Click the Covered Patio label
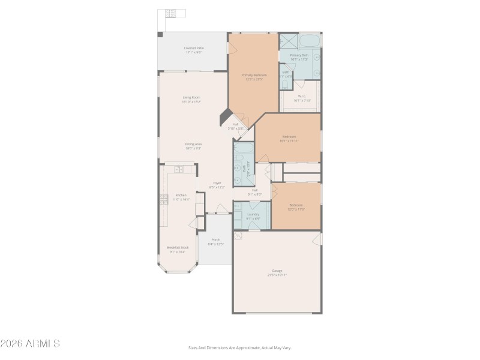(x=193, y=50)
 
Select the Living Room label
(x=191, y=99)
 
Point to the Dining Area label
(x=193, y=146)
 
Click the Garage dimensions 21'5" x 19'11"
(x=277, y=275)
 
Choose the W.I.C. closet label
(x=301, y=98)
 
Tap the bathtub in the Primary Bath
(x=310, y=41)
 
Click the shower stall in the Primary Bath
(x=288, y=41)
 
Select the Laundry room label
(x=253, y=216)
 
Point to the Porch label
(x=215, y=241)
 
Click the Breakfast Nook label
(x=176, y=249)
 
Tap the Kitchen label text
(x=181, y=197)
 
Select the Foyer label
(x=217, y=185)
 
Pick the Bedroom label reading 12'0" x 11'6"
(x=296, y=206)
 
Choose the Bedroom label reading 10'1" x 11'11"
(x=289, y=138)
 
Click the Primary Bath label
(x=299, y=57)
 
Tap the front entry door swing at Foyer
(x=221, y=208)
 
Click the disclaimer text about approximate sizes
(x=240, y=347)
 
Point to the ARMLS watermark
(x=30, y=344)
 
